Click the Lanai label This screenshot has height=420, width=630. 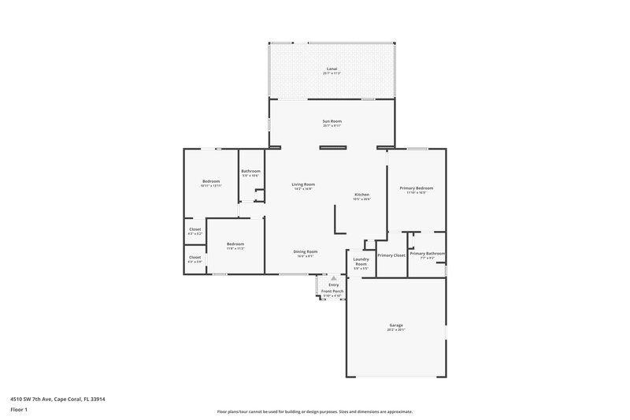click(x=332, y=69)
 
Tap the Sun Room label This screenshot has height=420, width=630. click(x=332, y=121)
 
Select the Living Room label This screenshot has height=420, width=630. click(x=303, y=184)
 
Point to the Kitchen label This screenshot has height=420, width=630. click(x=361, y=195)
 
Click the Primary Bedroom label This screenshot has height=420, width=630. click(x=416, y=188)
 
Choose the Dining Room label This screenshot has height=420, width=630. click(x=306, y=251)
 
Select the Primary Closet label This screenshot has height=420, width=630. click(x=391, y=255)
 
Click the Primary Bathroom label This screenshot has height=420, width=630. click(x=427, y=254)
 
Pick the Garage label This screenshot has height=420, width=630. click(x=396, y=325)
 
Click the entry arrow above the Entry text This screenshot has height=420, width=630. click(x=333, y=278)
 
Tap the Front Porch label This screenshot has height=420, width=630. click(x=332, y=291)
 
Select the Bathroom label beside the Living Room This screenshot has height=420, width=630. click(x=250, y=171)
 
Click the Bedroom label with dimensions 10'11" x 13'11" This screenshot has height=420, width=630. click(x=210, y=181)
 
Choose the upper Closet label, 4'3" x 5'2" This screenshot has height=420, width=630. click(x=195, y=229)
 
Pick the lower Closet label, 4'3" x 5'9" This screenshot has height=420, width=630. click(x=195, y=257)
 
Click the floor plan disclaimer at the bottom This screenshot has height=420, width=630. click(x=314, y=411)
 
